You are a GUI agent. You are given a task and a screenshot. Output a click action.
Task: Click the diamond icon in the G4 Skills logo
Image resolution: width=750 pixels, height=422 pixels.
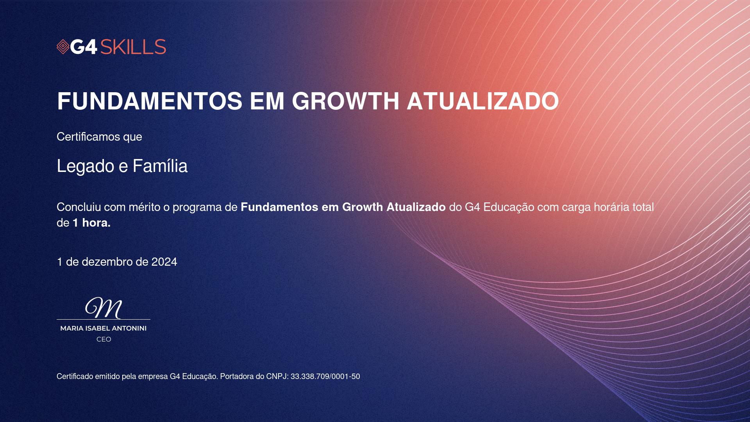click(63, 47)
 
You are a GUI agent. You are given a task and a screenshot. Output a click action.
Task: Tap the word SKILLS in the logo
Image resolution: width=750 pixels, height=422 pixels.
click(133, 47)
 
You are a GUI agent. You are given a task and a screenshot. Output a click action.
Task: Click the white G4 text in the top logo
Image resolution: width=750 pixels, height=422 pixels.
click(84, 47)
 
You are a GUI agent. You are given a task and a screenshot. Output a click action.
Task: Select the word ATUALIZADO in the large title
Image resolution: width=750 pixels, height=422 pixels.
click(483, 101)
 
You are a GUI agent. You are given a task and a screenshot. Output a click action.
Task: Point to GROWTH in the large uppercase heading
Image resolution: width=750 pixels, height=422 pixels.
click(346, 101)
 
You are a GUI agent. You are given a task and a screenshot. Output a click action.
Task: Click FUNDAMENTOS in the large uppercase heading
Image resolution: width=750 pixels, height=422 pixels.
click(150, 101)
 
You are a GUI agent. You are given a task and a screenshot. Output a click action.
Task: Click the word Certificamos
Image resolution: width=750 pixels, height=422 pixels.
click(88, 137)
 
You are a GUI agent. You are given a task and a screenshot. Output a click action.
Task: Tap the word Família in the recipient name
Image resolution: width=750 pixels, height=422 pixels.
click(160, 166)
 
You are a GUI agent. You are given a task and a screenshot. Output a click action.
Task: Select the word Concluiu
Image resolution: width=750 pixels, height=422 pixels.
click(79, 207)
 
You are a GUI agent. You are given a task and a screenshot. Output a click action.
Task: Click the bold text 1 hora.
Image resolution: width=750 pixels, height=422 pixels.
click(92, 223)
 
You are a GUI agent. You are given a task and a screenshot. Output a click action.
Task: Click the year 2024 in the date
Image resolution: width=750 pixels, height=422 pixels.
click(164, 262)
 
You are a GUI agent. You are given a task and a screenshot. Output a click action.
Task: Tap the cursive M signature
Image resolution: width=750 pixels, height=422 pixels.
click(104, 308)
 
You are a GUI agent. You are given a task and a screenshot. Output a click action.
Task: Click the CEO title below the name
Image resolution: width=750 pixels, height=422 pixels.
click(104, 340)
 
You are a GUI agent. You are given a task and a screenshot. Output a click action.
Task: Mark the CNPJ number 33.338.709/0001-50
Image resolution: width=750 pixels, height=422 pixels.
click(325, 377)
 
